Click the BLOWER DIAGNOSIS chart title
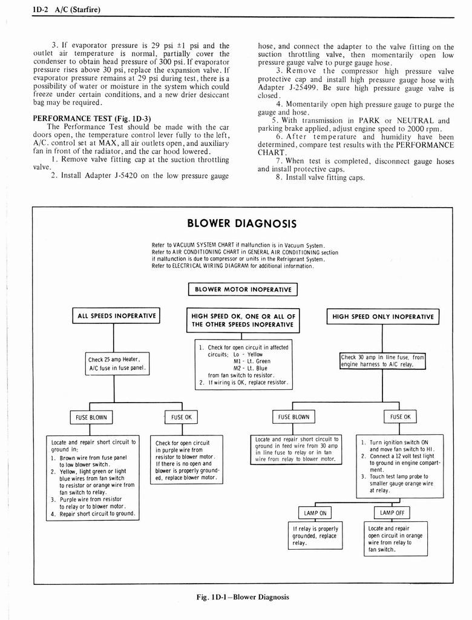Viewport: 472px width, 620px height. (242, 223)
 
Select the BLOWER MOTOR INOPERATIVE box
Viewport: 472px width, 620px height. (243, 289)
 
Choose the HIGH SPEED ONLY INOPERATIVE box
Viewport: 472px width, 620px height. (383, 316)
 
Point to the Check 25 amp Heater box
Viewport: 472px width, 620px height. (118, 364)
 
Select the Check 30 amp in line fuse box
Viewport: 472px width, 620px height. (383, 361)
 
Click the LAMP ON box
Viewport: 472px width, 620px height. (315, 513)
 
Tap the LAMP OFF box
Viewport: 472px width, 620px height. (392, 513)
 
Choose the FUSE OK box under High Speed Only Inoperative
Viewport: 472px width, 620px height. (400, 417)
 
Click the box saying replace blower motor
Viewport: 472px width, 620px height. (187, 460)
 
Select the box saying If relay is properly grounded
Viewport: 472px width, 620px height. (315, 536)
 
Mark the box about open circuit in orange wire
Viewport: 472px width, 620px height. (396, 539)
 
